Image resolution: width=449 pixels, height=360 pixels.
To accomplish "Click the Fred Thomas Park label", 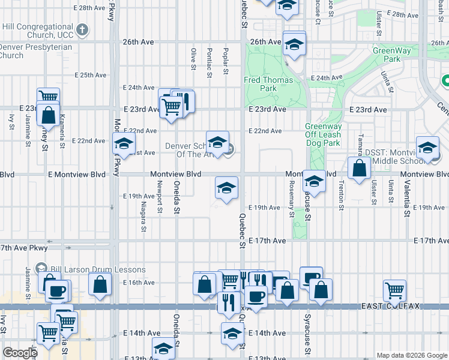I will [x=268, y=83].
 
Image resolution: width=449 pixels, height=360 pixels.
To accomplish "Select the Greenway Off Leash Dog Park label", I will [x=323, y=135].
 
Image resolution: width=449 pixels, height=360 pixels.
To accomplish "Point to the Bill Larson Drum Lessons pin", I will [x=41, y=267].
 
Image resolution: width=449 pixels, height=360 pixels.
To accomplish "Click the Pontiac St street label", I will [x=209, y=62].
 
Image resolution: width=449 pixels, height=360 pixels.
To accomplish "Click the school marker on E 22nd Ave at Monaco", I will [x=124, y=143].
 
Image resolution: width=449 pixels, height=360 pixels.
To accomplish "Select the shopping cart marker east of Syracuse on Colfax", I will [x=395, y=290].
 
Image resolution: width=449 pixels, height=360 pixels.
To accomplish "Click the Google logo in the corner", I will [x=20, y=353].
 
